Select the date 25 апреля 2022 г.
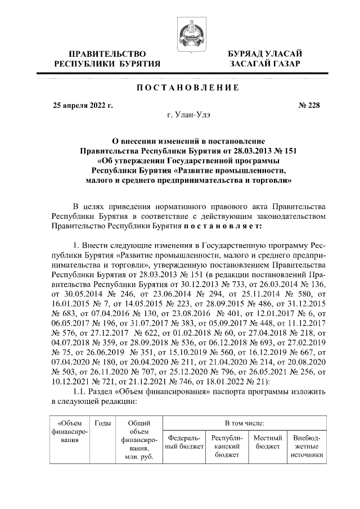83,105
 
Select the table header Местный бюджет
267,442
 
